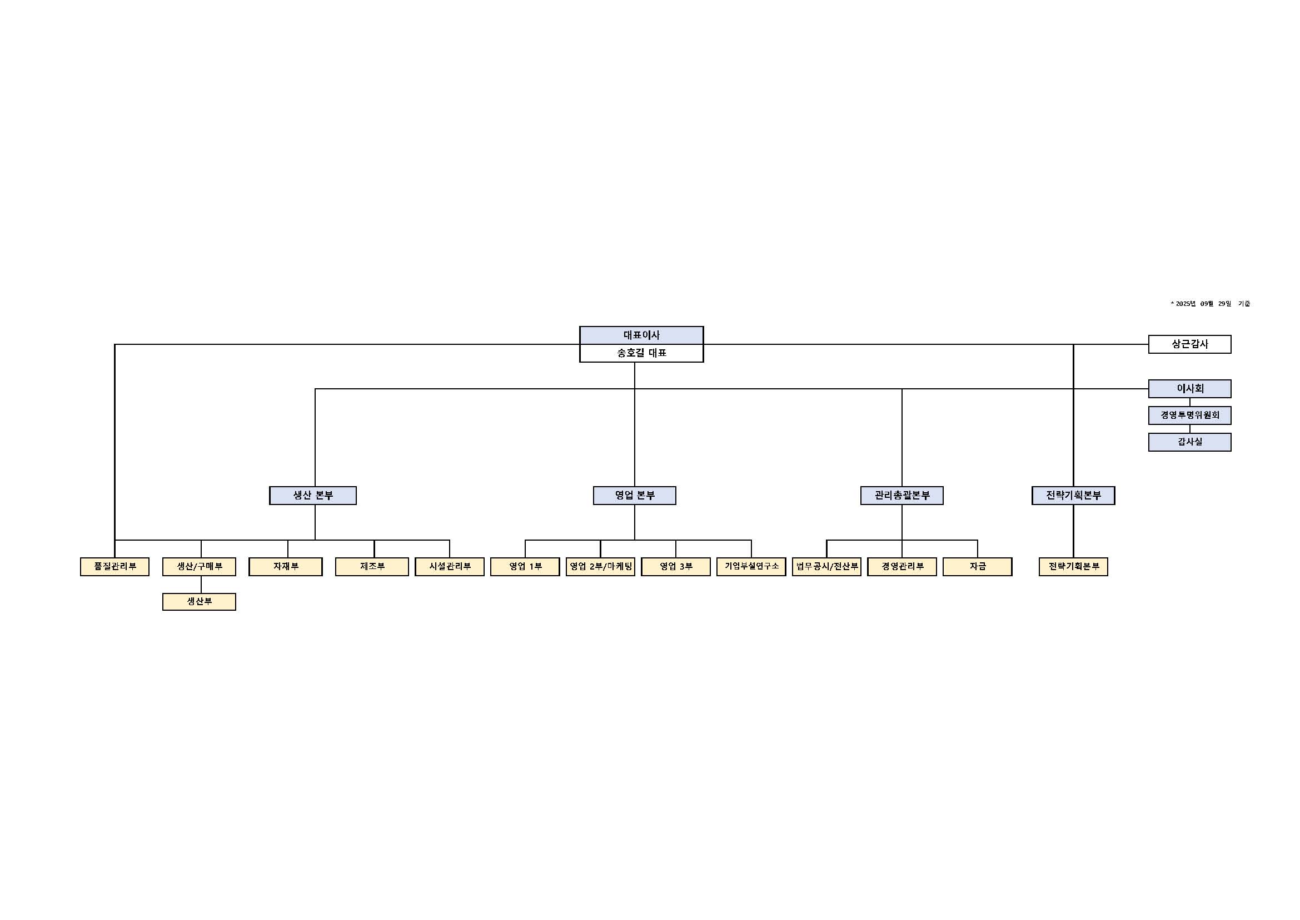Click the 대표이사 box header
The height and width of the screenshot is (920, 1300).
pyautogui.click(x=641, y=335)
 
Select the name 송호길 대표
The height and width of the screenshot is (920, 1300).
pyautogui.click(x=641, y=353)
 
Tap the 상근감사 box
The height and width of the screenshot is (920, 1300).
pyautogui.click(x=1189, y=344)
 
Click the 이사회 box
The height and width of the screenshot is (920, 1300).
pyautogui.click(x=1189, y=389)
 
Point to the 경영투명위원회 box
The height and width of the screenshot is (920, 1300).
pyautogui.click(x=1189, y=416)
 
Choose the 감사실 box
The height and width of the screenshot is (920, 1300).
pyautogui.click(x=1189, y=442)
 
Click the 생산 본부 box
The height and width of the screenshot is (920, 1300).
pyautogui.click(x=312, y=496)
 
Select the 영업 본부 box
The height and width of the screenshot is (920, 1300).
pyautogui.click(x=634, y=496)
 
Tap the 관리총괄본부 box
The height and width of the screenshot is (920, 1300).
pyautogui.click(x=901, y=496)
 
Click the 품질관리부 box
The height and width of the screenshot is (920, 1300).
pyautogui.click(x=114, y=566)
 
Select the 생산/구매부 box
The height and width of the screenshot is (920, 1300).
pyautogui.click(x=199, y=566)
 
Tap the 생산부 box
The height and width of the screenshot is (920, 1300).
pyautogui.click(x=199, y=602)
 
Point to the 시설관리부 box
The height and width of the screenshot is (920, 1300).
pyautogui.click(x=449, y=566)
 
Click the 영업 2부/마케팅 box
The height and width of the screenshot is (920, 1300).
pyautogui.click(x=600, y=566)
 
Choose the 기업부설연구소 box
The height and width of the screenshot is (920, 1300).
pyautogui.click(x=751, y=566)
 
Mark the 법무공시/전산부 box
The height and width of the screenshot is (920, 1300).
pyautogui.click(x=826, y=566)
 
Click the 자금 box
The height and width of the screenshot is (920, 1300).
pyautogui.click(x=977, y=566)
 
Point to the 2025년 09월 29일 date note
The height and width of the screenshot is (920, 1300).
pyautogui.click(x=1210, y=304)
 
